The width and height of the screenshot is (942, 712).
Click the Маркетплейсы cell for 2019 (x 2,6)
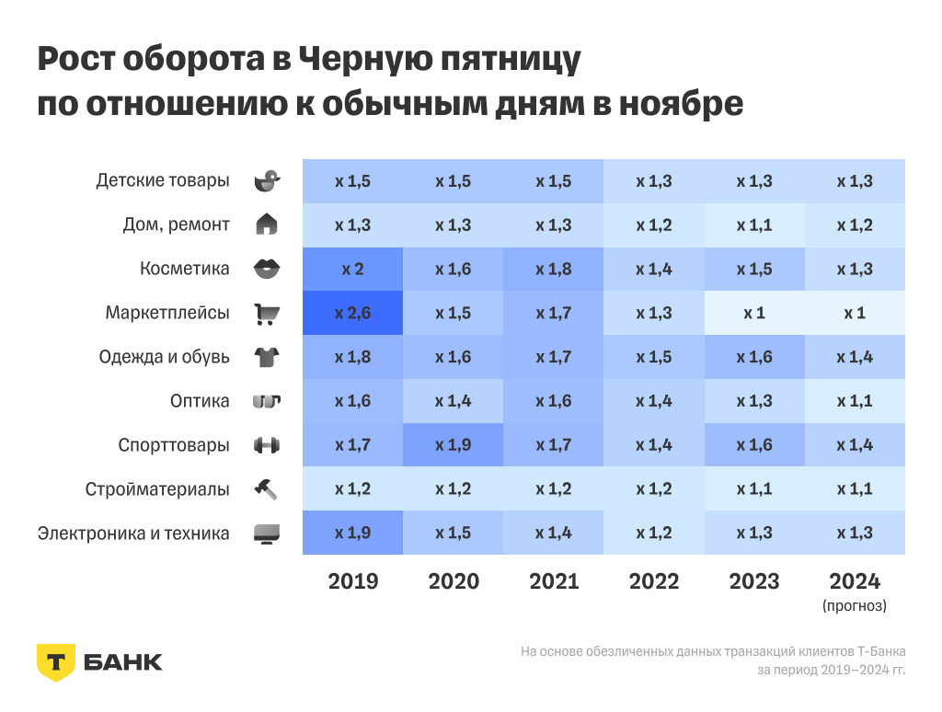[353, 313]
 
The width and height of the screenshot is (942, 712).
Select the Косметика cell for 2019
[353, 269]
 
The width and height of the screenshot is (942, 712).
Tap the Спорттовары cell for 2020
[453, 445]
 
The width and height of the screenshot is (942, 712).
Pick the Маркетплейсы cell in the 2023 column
[754, 313]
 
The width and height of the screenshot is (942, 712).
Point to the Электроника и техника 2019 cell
[353, 534]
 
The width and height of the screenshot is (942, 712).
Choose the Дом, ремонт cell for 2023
[754, 225]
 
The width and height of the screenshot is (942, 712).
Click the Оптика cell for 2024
[855, 401]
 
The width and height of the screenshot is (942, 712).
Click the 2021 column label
[554, 581]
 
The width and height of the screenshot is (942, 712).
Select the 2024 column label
[855, 581]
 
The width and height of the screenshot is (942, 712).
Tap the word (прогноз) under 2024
[855, 606]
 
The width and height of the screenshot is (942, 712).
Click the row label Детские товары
[163, 180]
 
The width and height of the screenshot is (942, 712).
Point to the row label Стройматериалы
[157, 489]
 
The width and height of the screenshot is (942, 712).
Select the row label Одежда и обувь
[165, 357]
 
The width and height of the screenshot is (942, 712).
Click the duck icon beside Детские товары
[266, 181]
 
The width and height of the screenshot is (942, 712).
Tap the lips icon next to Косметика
[266, 269]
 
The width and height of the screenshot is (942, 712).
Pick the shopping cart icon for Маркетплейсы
[267, 314]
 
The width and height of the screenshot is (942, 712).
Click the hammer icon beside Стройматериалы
[266, 489]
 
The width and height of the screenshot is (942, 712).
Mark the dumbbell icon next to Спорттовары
[266, 445]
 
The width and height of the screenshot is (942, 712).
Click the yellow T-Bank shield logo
[55, 661]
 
